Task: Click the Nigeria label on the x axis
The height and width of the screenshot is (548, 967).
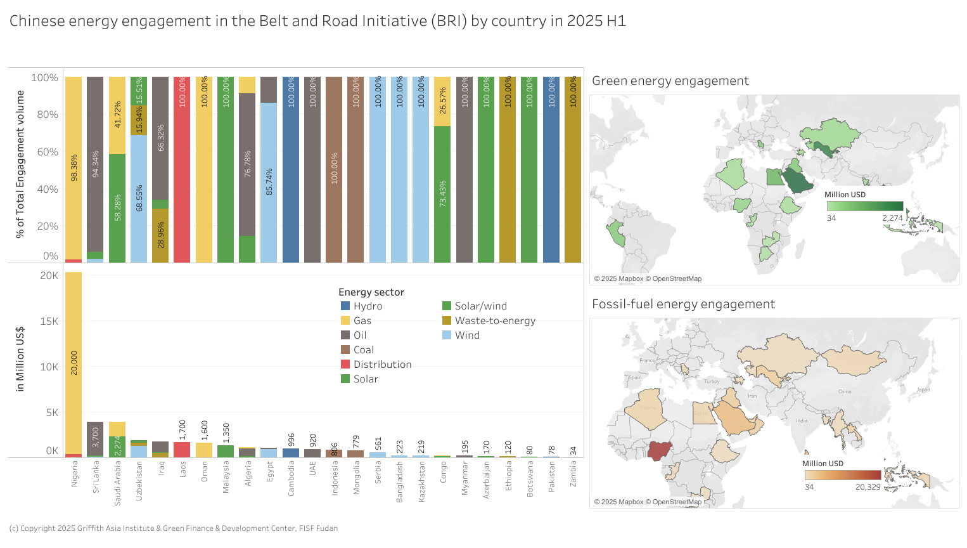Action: [74, 473]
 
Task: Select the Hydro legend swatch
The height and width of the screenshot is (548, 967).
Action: [345, 306]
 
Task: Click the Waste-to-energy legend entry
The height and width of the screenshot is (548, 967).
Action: [494, 320]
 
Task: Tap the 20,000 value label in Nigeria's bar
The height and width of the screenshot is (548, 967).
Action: [74, 363]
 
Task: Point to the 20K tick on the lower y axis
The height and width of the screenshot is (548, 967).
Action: [49, 275]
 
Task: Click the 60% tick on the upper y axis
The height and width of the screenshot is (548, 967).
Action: [46, 152]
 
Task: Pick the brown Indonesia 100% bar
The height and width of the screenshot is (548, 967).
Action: [334, 170]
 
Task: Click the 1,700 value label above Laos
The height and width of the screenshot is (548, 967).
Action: [183, 430]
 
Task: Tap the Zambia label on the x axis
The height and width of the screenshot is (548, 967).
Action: [573, 474]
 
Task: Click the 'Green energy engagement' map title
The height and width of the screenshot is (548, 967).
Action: [670, 81]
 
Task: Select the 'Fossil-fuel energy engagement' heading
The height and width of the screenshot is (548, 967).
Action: [683, 304]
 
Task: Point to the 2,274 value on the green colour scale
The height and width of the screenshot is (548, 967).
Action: [892, 218]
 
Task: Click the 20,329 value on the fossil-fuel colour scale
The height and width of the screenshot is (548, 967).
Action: [868, 487]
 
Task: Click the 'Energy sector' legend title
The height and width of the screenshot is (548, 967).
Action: [371, 292]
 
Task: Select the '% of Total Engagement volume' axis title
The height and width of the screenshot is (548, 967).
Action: [20, 164]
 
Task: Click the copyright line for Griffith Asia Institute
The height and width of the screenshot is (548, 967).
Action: [173, 528]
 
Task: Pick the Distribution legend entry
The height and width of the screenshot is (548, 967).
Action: [382, 364]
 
